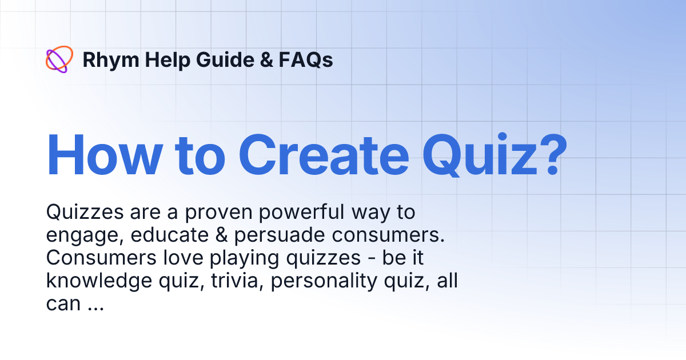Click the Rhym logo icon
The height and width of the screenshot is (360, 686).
point(59,59)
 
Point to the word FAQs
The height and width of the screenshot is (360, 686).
point(306,60)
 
